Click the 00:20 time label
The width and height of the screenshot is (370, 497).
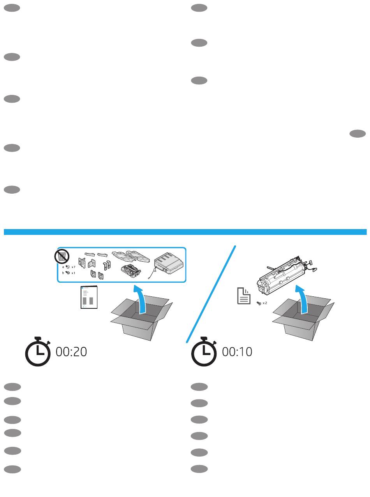pos(71,352)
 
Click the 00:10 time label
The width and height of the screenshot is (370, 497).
pos(237,352)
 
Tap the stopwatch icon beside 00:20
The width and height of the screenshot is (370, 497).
pos(38,351)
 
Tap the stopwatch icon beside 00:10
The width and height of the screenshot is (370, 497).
pos(204,351)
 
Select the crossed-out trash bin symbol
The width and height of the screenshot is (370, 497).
pos(62,256)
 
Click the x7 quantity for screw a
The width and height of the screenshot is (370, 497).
pos(74,267)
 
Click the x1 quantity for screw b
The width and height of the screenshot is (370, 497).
pos(74,273)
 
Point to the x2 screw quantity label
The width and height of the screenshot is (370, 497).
pos(265,303)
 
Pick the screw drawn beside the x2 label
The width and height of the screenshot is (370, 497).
pos(259,303)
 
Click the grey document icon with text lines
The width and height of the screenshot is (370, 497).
pos(244,296)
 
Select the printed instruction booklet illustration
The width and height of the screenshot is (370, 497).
pos(89,297)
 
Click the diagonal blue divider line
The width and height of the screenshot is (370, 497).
pos(211,294)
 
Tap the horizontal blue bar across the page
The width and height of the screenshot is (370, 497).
pos(185,232)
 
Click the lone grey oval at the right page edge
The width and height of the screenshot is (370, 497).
pos(358,133)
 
